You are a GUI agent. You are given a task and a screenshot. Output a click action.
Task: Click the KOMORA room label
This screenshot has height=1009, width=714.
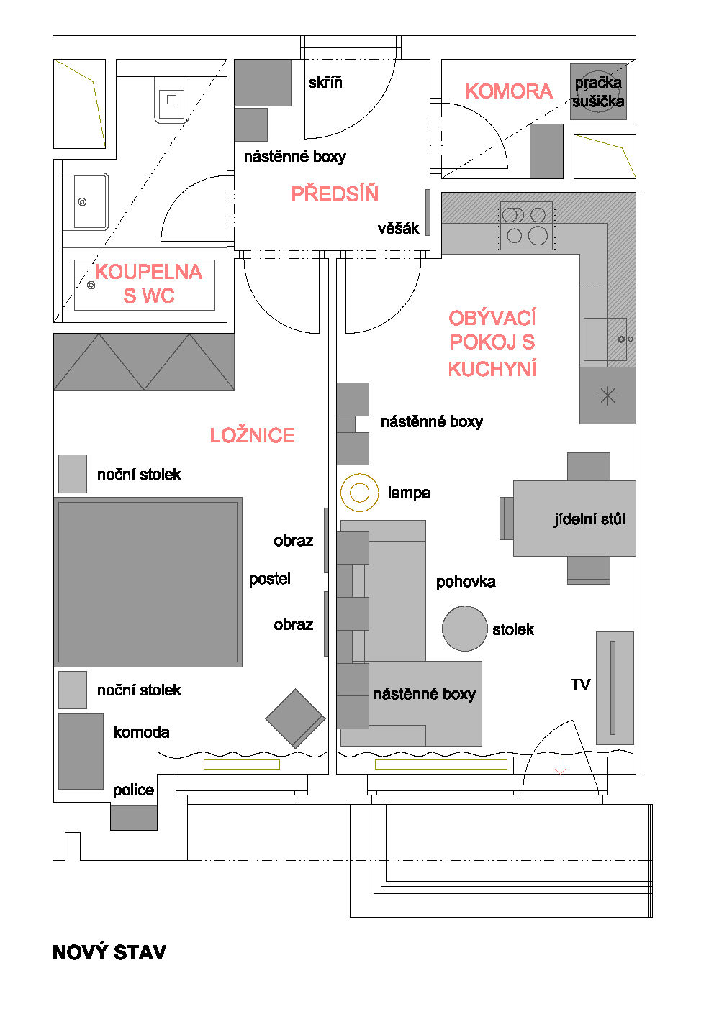pos(509,91)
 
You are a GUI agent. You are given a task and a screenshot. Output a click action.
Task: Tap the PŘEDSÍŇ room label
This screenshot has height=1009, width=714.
pos(335,193)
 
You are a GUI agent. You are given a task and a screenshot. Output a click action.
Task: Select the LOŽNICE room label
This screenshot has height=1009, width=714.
pos(252,435)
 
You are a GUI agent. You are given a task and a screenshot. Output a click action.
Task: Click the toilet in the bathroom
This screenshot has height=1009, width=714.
pos(172,99)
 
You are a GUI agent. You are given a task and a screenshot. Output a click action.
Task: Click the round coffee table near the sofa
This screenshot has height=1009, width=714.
pos(464,629)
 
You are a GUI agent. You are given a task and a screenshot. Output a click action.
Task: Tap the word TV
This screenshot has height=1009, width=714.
pos(580,685)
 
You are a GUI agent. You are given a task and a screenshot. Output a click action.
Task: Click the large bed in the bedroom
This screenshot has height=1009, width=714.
pos(148,582)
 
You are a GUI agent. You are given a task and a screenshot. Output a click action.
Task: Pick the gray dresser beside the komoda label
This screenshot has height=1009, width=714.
pos(81,752)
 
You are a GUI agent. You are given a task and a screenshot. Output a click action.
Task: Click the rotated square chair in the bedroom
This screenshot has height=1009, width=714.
pos(295,718)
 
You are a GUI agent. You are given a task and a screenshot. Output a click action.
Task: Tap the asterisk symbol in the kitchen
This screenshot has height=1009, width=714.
pos(607,396)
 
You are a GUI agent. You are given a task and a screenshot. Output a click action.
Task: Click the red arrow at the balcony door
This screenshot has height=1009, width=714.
pos(560,766)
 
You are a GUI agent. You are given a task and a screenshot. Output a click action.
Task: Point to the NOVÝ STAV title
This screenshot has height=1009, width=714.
pos(109,953)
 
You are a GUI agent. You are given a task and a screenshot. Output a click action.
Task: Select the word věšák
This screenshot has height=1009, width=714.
pos(399,229)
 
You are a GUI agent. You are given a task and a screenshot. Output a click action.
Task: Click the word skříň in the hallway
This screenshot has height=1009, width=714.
pos(325,83)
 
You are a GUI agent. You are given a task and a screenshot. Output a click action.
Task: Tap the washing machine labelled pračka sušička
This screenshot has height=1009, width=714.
pos(598,91)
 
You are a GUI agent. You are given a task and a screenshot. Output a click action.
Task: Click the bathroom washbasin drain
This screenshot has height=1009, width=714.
pos(82,202)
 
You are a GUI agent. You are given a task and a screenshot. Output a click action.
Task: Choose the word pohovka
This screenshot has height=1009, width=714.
pos(466,582)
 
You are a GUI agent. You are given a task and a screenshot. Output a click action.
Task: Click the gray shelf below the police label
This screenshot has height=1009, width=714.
pos(134,818)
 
